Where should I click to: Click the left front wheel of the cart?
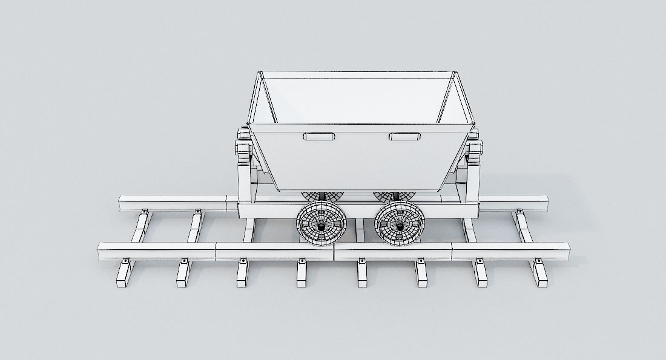(x=320, y=223)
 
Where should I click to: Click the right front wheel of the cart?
(x=399, y=224)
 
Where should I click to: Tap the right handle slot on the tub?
(x=404, y=137)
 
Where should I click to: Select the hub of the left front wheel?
(x=321, y=225)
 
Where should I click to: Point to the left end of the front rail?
(x=101, y=250)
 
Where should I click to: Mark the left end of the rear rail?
(x=121, y=203)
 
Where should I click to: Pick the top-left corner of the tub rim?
(x=260, y=74)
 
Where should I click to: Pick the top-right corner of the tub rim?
(x=455, y=73)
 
